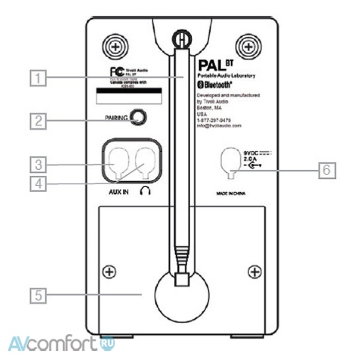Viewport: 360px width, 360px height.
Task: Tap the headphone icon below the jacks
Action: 144,191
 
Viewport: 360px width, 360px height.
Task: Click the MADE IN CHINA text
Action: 227,194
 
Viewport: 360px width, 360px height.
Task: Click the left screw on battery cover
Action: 109,272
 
